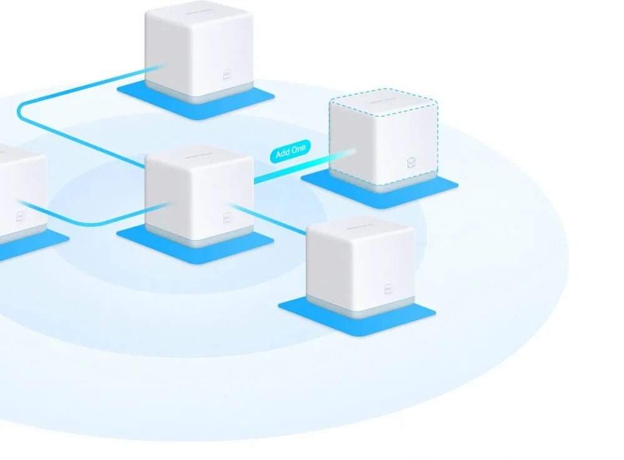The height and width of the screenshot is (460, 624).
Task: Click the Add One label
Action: tap(290, 151)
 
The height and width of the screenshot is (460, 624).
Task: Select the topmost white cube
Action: tap(198, 50)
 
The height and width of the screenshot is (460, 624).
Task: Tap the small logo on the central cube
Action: tap(227, 218)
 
